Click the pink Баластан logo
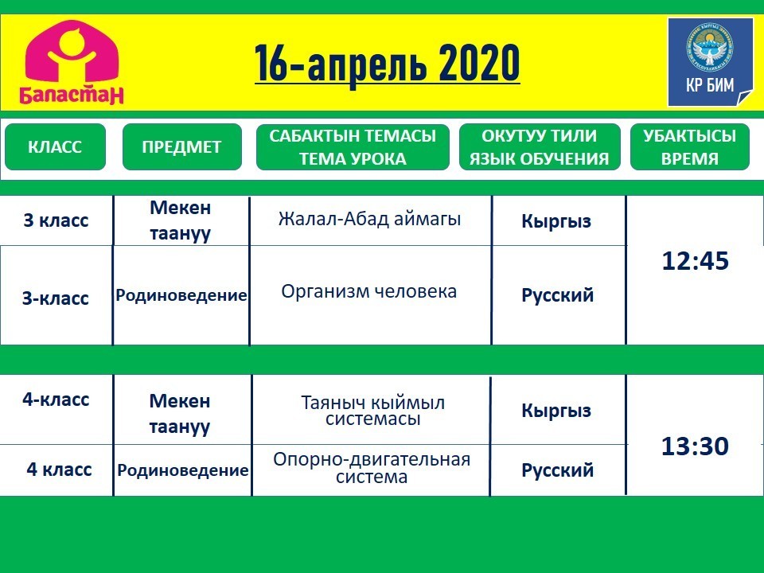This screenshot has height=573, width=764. point(72,62)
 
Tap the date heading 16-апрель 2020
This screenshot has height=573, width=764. point(388,64)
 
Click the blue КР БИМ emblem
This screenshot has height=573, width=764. point(711,62)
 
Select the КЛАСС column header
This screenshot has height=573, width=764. point(55,146)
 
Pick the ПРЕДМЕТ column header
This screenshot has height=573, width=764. point(181,146)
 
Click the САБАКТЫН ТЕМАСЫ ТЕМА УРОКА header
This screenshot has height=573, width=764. point(353,146)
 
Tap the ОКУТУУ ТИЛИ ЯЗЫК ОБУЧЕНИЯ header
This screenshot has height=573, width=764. point(540,146)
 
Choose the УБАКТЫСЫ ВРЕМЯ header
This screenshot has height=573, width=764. point(689,146)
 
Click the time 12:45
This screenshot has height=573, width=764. point(696,261)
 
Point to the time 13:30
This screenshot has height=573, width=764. point(695,446)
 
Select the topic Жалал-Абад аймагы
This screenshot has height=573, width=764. point(369,220)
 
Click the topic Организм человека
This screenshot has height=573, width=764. point(368,291)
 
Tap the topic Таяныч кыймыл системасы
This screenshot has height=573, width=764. point(372,411)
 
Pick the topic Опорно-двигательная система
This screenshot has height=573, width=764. point(372,468)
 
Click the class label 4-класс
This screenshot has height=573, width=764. point(56,400)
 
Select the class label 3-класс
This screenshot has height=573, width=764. point(56,298)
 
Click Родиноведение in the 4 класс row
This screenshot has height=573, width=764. point(183,470)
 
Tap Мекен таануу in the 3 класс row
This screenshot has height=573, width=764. point(181,220)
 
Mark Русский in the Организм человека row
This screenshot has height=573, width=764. point(557,295)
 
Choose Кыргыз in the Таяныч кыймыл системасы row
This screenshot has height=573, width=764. point(556,411)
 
